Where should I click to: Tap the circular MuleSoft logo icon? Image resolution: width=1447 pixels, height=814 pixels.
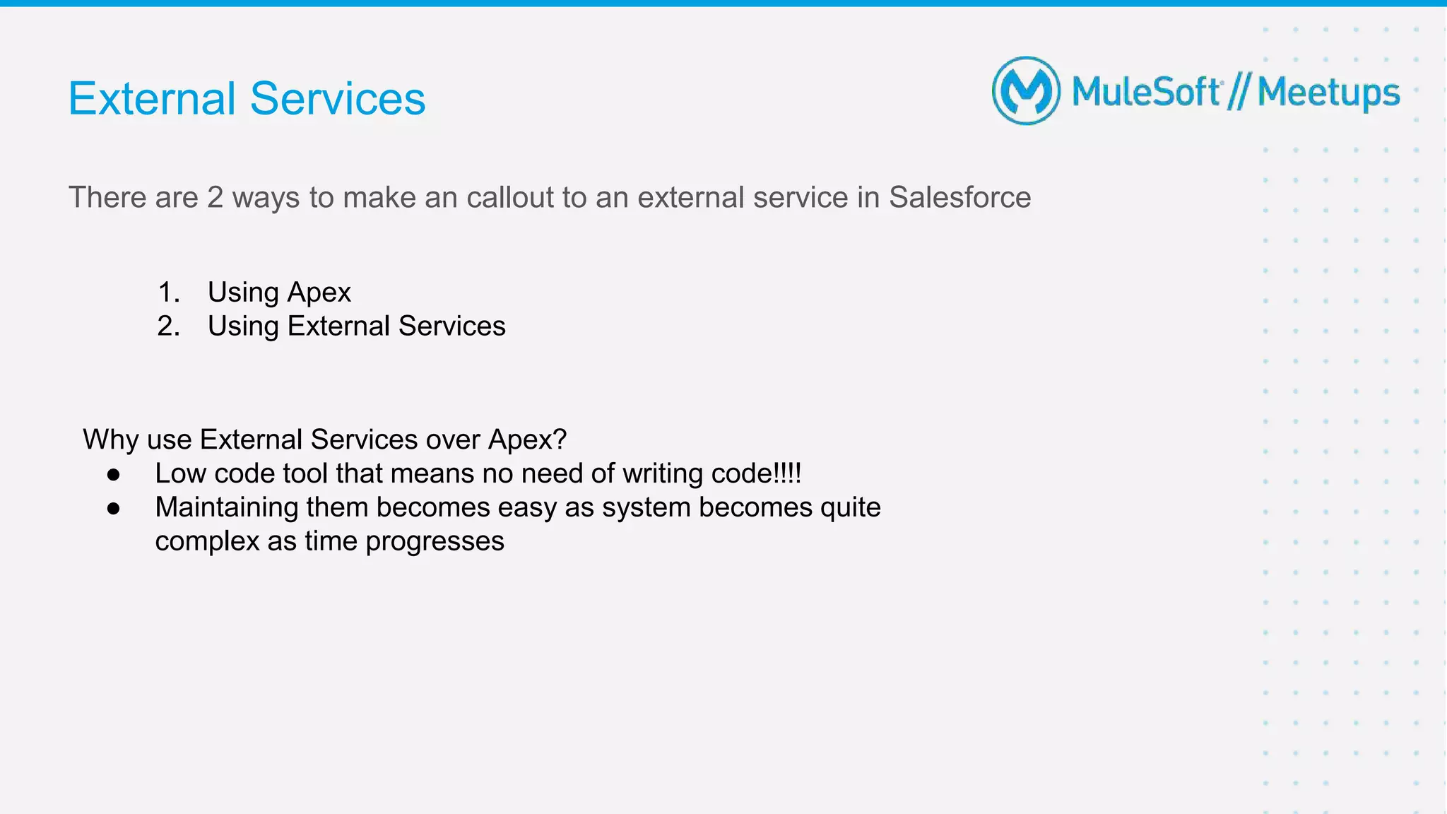(1026, 91)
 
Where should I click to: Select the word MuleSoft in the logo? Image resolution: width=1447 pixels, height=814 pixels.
(1146, 93)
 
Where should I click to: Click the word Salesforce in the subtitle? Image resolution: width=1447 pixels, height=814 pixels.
(959, 197)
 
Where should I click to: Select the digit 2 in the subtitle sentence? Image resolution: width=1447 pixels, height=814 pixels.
(215, 197)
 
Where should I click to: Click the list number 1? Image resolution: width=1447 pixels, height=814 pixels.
(168, 293)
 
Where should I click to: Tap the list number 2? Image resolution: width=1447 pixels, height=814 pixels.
(168, 326)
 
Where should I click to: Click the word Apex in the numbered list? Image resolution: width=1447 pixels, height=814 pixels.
(319, 293)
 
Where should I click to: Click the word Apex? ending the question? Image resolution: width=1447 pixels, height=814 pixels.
(527, 440)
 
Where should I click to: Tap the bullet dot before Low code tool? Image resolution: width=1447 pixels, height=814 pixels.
(114, 475)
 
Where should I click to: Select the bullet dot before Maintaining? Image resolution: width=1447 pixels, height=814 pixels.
(114, 509)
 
